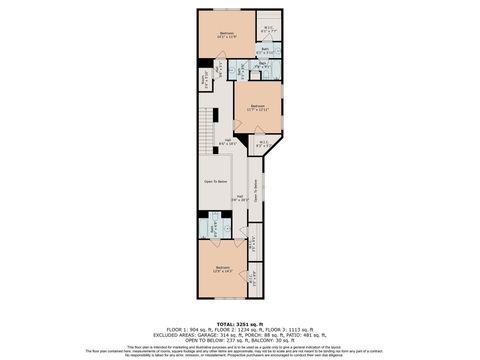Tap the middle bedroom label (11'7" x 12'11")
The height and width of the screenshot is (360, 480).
257,107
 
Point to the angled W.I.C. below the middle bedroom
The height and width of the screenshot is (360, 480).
262,143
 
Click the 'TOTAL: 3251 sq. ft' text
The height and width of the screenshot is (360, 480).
239,324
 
